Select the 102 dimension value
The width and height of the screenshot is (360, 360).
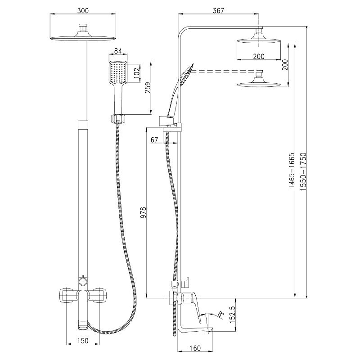(x=137, y=72)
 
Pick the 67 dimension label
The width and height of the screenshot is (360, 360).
(x=154, y=140)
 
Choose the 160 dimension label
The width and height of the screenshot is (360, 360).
(x=194, y=347)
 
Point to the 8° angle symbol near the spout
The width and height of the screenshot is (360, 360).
(x=220, y=313)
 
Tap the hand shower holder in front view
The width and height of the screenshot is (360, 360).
(x=117, y=119)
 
